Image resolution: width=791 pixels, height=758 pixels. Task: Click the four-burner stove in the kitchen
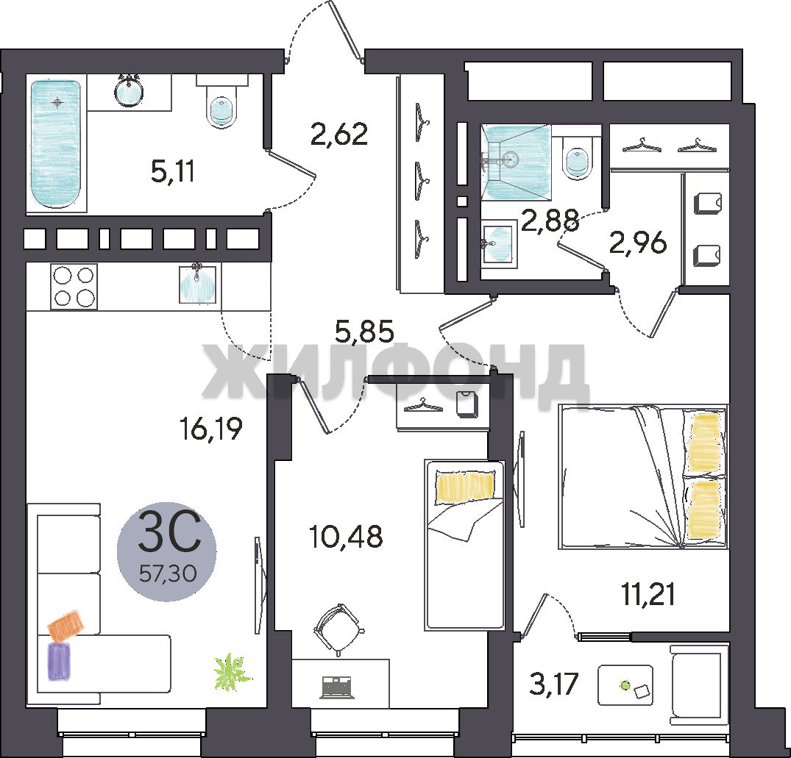point(74,286)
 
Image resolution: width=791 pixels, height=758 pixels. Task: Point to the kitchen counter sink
point(197,285)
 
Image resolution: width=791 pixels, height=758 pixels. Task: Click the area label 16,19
point(211,429)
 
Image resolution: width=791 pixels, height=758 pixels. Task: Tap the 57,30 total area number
point(168,573)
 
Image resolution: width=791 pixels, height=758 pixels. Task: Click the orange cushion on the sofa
point(66,626)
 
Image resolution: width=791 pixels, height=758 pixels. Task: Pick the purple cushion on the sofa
point(60,661)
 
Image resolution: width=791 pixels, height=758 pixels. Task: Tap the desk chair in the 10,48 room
point(338,630)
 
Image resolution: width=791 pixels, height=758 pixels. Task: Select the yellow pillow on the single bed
point(464,487)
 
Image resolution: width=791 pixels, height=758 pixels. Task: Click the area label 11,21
point(648,594)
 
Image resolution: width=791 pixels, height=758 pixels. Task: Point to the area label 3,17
point(553,684)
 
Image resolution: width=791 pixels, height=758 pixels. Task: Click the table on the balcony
point(625,685)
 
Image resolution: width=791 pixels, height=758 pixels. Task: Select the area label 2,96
point(638,243)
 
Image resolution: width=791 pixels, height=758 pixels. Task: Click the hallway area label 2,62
point(339,134)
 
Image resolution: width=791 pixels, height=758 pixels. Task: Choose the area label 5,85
point(365,332)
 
